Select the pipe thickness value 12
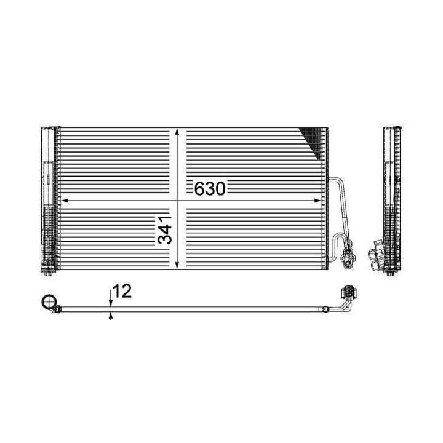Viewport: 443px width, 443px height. click(123, 292)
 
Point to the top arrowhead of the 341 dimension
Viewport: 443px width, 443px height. click(178, 132)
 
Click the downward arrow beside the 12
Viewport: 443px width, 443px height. click(111, 301)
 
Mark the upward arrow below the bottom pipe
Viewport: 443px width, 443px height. click(111, 316)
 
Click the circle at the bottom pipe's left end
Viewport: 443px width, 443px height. click(47, 302)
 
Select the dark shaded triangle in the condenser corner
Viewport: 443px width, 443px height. click(313, 139)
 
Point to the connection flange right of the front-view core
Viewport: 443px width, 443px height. click(350, 255)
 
